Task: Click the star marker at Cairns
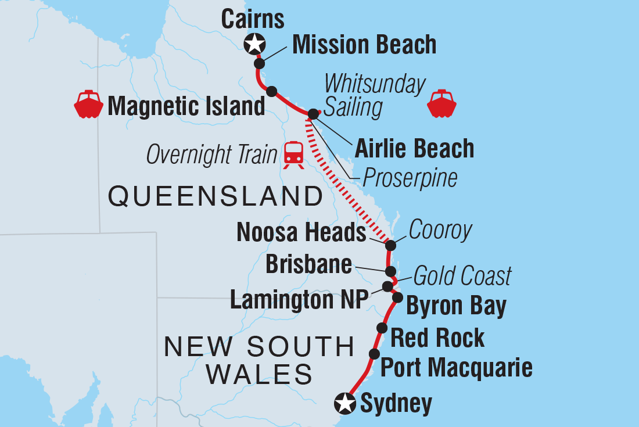254,43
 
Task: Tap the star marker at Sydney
346,403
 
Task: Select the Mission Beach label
364,45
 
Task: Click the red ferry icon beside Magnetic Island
88,105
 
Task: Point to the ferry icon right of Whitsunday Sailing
441,105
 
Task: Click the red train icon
293,155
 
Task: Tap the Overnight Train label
211,155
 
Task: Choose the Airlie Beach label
415,149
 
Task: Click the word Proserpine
410,178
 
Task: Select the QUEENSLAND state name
216,197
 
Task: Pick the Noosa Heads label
301,234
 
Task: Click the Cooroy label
440,231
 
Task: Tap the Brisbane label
308,264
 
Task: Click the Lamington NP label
299,300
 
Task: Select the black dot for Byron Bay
397,297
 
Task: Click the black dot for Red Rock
382,328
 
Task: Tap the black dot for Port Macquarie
374,354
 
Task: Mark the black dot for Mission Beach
260,63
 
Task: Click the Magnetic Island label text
186,106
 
